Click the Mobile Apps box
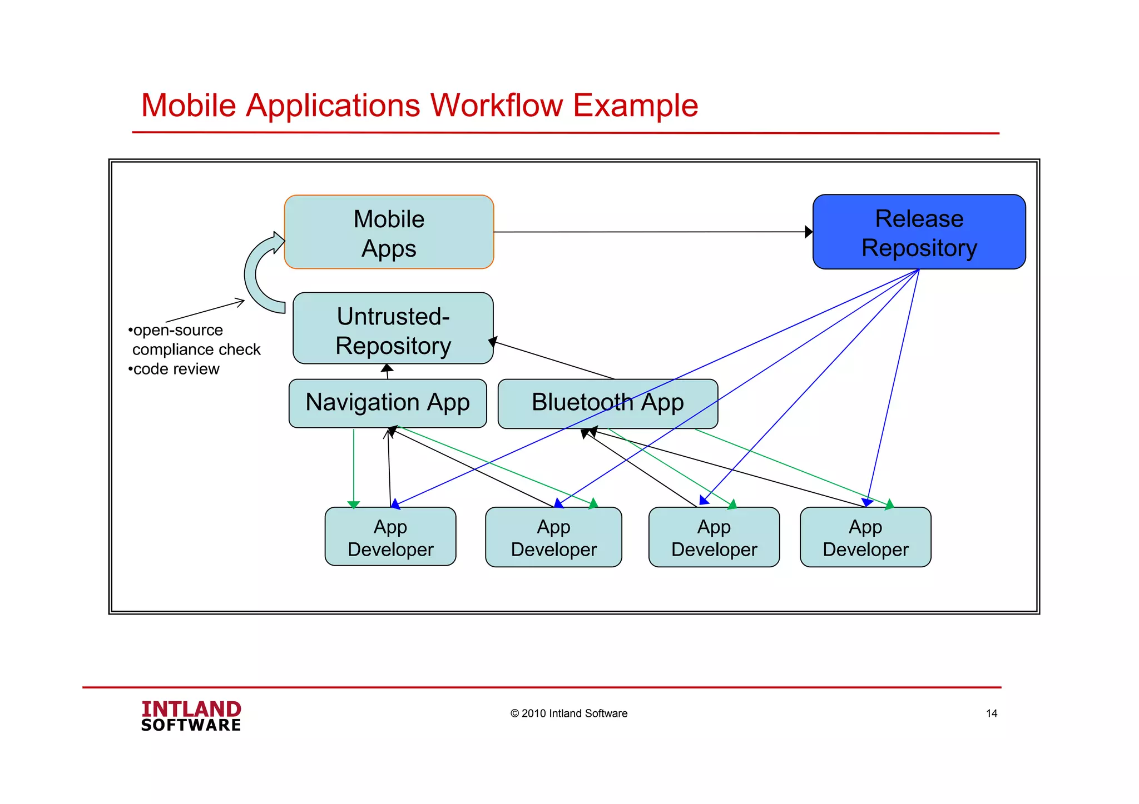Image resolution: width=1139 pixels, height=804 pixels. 389,232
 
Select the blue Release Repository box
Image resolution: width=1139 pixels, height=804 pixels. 919,232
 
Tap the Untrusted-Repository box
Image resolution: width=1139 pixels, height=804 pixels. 393,329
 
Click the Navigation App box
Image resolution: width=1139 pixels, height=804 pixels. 388,403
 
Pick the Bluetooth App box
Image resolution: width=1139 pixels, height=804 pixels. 607,403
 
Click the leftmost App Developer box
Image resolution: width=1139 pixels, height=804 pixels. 390,537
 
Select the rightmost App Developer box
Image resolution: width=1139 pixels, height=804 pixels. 865,537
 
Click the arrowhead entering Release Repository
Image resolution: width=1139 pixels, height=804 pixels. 809,232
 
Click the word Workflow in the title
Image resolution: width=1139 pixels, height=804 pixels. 496,105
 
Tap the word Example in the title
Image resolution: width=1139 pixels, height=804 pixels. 635,105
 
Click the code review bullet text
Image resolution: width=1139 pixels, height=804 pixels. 176,369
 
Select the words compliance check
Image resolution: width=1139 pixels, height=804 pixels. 196,349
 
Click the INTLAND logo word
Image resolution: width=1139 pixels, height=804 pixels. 191,709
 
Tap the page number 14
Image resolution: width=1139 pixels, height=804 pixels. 991,713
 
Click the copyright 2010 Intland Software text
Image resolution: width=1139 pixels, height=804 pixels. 568,713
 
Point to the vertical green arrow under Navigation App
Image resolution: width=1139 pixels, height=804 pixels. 354,467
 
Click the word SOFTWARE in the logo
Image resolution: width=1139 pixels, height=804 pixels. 191,725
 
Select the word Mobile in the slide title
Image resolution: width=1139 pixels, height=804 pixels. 189,105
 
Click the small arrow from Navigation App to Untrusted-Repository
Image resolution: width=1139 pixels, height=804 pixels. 387,371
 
